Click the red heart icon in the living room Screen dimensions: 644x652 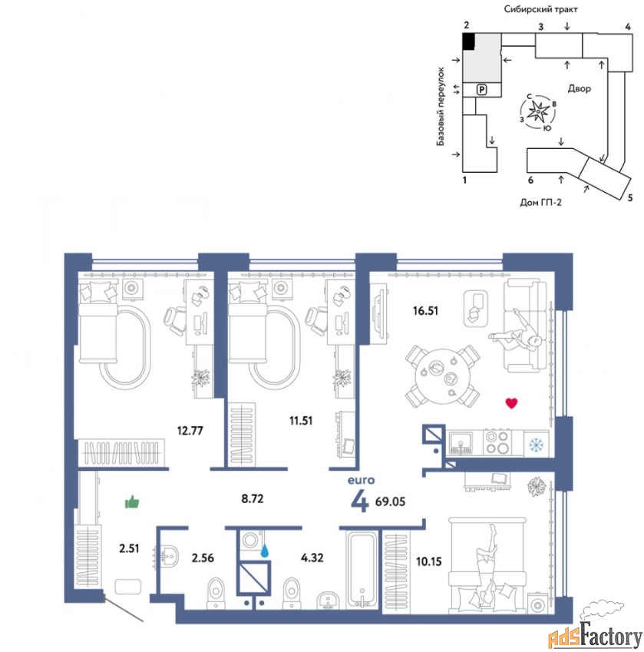[x=511, y=403]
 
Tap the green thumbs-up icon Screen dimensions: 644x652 [x=132, y=502]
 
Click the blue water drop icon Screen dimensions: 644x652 [x=264, y=551]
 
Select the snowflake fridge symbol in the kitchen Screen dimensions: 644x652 [x=537, y=445]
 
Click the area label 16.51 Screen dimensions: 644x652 [x=425, y=310]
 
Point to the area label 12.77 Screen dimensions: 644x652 [x=190, y=430]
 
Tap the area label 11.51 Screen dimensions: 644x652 [x=301, y=421]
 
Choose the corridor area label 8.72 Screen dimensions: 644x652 [x=253, y=498]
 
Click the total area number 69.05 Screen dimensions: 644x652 [x=390, y=501]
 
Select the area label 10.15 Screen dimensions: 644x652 [x=429, y=561]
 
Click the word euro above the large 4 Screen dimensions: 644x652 [x=361, y=480]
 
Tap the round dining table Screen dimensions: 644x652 [x=442, y=376]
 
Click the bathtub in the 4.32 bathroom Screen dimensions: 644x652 [x=363, y=569]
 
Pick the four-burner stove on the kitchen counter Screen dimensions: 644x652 [x=497, y=442]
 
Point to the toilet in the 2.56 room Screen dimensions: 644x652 [x=216, y=593]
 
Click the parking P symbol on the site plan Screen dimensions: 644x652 [x=481, y=89]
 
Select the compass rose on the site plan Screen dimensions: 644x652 [x=539, y=111]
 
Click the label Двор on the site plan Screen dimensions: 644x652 [x=580, y=88]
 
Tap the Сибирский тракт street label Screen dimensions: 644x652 [x=540, y=9]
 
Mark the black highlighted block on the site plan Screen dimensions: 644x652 [x=469, y=41]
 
